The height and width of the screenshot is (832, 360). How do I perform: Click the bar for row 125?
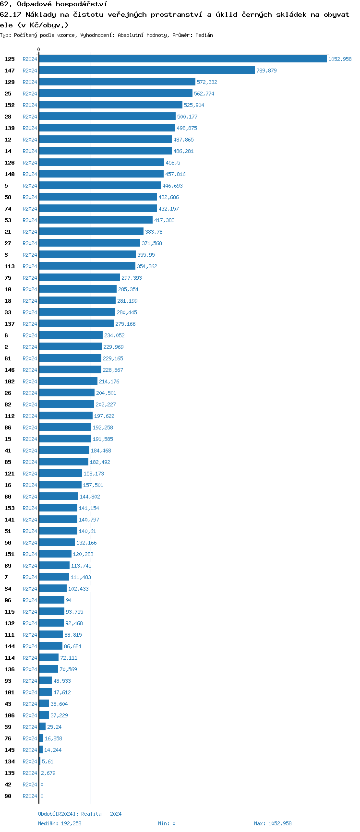click(x=182, y=59)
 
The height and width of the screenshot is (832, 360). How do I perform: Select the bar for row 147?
click(x=146, y=71)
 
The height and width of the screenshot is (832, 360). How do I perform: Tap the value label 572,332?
click(x=207, y=82)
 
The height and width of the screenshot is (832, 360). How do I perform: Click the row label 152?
click(x=10, y=105)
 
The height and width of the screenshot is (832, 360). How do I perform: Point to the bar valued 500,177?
click(x=107, y=117)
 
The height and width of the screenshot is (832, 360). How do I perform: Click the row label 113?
click(x=10, y=266)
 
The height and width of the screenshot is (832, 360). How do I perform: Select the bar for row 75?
click(x=79, y=278)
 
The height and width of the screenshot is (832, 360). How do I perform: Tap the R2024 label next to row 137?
click(x=30, y=324)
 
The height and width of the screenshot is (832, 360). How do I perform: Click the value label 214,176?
click(x=109, y=381)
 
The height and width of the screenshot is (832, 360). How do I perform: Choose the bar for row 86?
click(x=65, y=428)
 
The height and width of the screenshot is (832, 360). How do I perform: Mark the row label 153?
click(x=10, y=508)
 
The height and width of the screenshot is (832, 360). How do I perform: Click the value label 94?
click(x=69, y=600)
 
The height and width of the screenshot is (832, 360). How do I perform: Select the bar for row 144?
click(x=50, y=646)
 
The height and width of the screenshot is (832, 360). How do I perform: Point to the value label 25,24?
click(x=54, y=727)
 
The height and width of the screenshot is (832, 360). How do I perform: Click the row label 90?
click(x=8, y=796)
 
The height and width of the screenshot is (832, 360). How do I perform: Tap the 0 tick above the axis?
click(x=39, y=49)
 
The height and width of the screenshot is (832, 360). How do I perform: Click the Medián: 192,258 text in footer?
click(x=60, y=823)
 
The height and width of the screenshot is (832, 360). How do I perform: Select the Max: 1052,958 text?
click(x=273, y=823)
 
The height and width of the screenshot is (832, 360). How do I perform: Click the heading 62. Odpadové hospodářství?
click(x=54, y=4)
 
